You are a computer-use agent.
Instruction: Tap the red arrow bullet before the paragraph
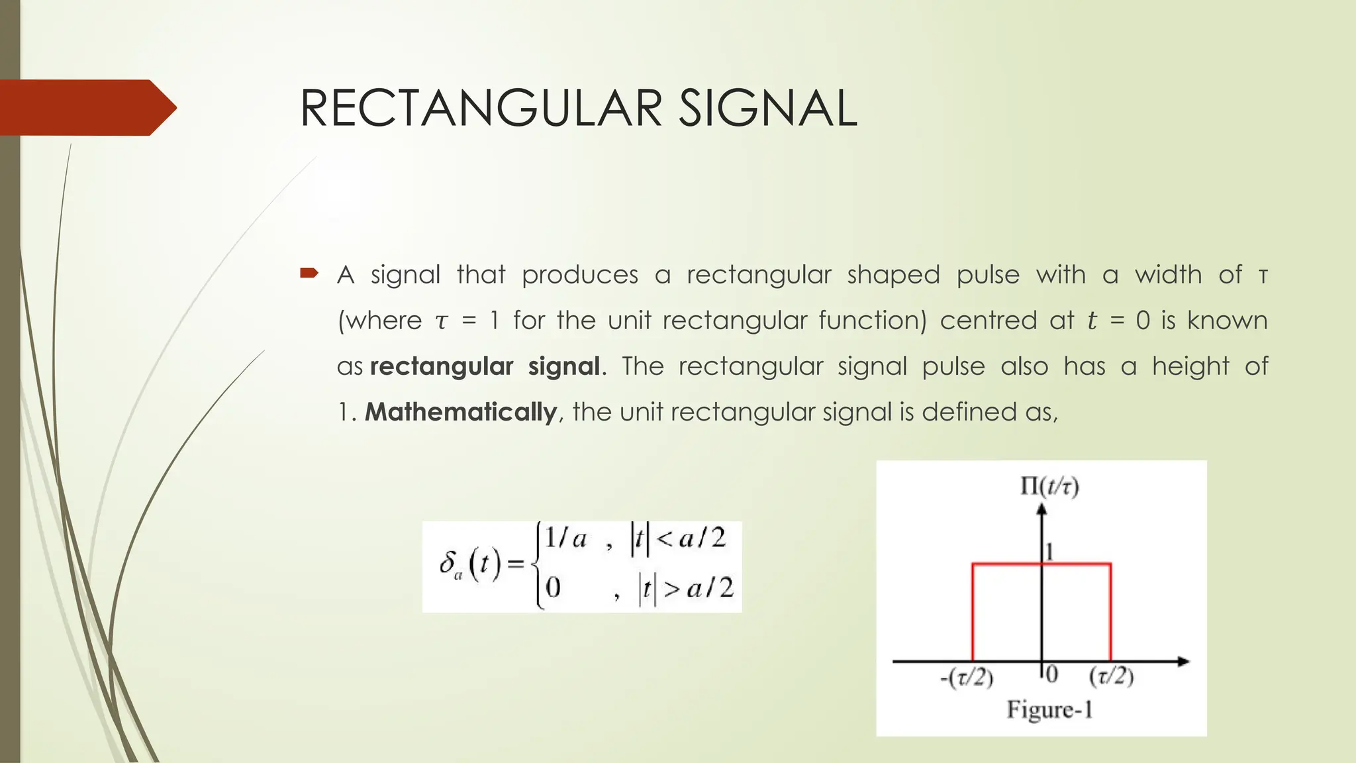click(309, 272)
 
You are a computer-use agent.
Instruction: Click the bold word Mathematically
click(461, 412)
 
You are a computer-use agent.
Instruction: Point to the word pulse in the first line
click(988, 275)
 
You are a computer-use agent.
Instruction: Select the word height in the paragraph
click(1190, 366)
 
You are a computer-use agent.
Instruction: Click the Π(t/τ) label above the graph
click(1049, 487)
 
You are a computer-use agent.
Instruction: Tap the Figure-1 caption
click(1049, 710)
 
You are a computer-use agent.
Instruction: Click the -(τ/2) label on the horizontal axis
click(967, 677)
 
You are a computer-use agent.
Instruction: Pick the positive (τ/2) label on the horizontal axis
click(1112, 676)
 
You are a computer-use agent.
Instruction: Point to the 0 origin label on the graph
click(1052, 674)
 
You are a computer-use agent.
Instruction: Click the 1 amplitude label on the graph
click(1049, 551)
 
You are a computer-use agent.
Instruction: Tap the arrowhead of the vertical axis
click(1042, 509)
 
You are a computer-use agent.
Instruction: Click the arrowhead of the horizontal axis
click(1184, 661)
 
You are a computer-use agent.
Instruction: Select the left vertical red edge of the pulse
click(973, 613)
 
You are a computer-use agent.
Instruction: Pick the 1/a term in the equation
click(566, 538)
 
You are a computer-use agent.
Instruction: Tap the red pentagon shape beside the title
click(86, 107)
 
